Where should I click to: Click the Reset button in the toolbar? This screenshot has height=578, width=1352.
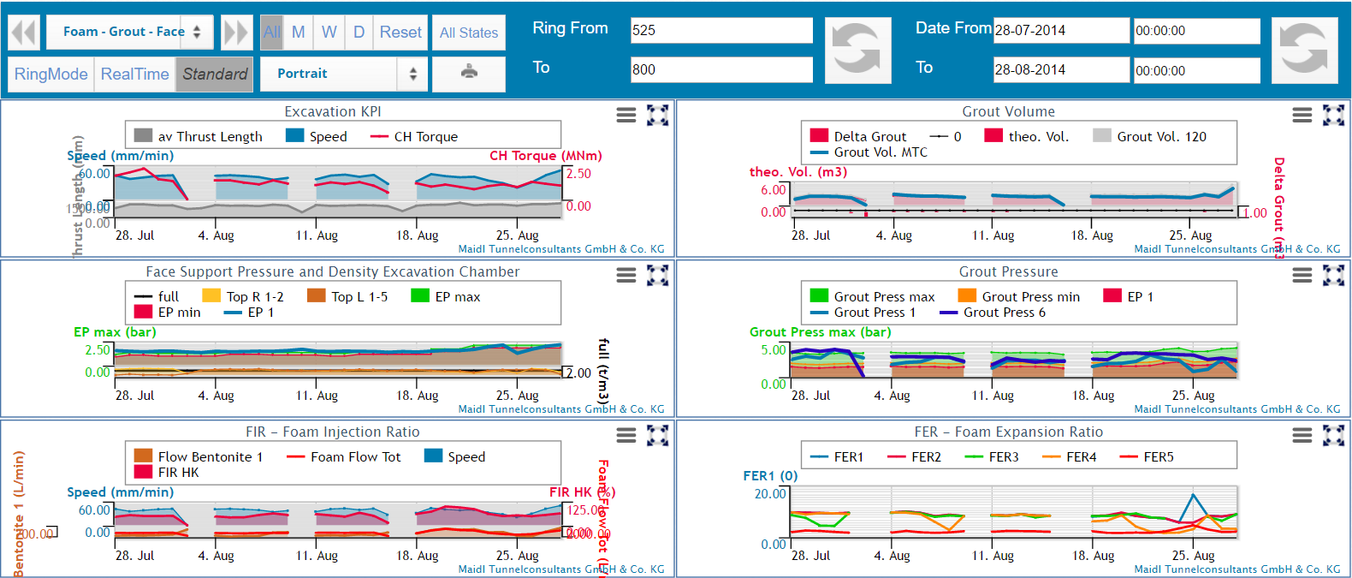click(x=400, y=33)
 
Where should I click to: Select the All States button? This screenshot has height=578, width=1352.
click(x=468, y=33)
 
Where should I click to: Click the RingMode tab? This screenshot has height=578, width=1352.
click(x=50, y=74)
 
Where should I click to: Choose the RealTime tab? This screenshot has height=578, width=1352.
click(x=134, y=74)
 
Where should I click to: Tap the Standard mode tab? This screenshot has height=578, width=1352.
click(x=214, y=74)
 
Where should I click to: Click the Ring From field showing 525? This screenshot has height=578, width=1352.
click(x=720, y=30)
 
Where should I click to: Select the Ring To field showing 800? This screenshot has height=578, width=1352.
click(x=720, y=69)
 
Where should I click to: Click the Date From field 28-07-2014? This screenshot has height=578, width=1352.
click(x=1060, y=30)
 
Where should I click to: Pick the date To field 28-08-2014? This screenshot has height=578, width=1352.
click(x=1060, y=70)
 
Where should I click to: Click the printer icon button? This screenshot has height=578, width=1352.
click(x=469, y=73)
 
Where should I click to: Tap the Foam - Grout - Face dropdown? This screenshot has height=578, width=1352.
click(x=128, y=32)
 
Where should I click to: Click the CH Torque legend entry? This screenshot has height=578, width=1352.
click(x=424, y=137)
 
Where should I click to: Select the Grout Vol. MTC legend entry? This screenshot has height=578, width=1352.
click(x=880, y=152)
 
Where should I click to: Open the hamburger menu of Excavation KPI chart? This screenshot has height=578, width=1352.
click(x=626, y=115)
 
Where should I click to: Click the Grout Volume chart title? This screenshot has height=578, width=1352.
click(x=1008, y=112)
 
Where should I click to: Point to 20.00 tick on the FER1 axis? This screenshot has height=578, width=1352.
click(x=769, y=494)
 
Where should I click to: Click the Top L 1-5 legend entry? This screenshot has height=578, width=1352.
click(x=359, y=297)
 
